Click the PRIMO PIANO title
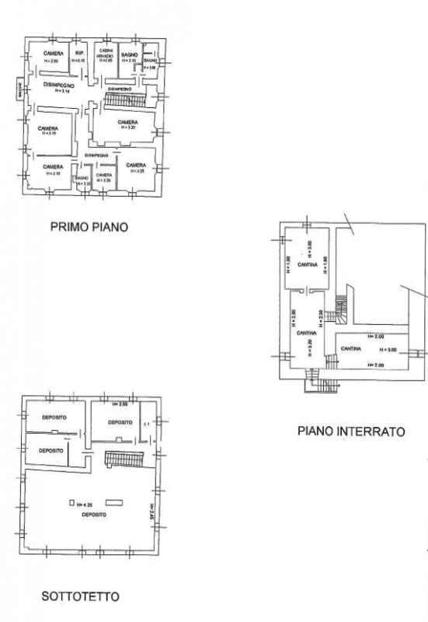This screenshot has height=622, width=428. [89, 228]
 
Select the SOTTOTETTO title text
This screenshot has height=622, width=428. [80, 596]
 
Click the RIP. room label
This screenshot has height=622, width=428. [79, 53]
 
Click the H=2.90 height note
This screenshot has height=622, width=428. [52, 60]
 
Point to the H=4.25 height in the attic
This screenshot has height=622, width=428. [88, 504]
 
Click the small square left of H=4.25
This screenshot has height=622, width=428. [71, 503]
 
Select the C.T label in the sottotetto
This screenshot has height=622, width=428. [146, 424]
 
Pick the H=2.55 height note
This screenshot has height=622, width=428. [120, 404]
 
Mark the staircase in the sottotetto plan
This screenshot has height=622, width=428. [124, 460]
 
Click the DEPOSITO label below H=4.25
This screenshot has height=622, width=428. [94, 514]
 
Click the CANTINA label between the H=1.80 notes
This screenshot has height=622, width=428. [298, 265]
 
